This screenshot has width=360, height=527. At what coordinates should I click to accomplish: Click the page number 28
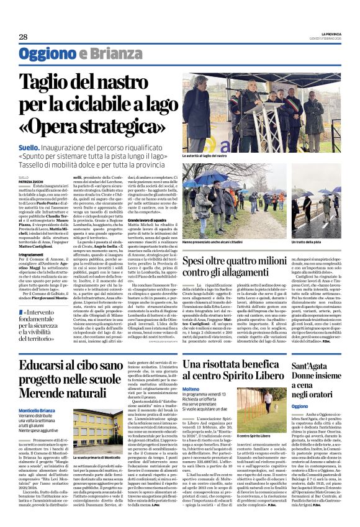pyautogui.click(x=23, y=37)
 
